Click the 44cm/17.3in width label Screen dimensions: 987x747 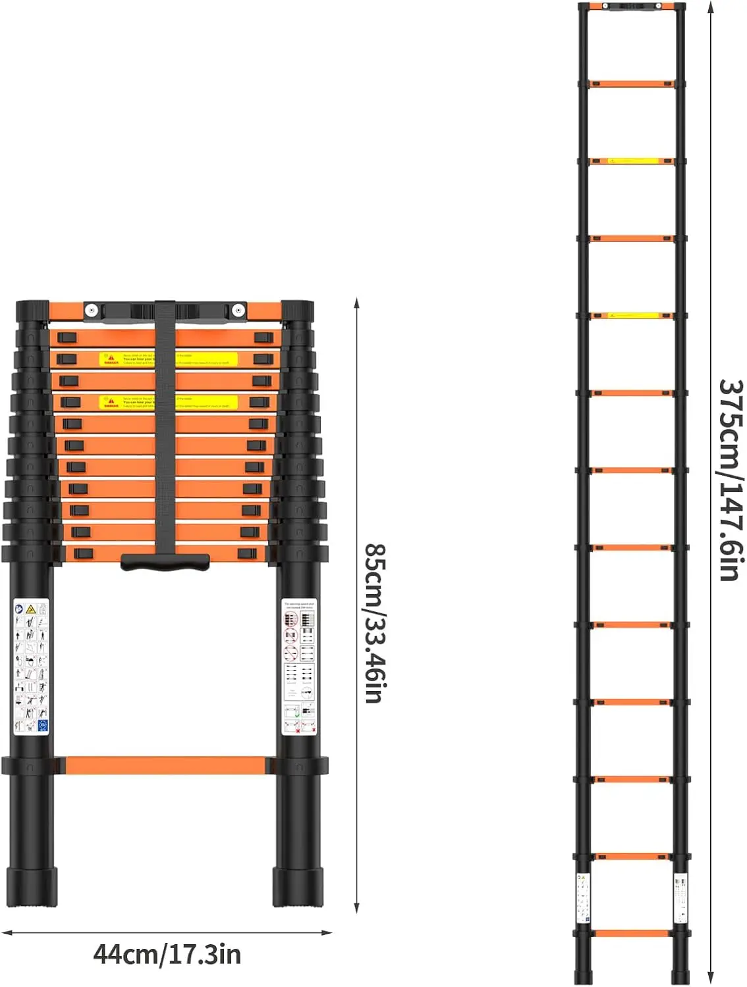(x=167, y=954)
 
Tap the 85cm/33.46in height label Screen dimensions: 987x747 (x=375, y=622)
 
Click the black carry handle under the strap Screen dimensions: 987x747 (x=165, y=563)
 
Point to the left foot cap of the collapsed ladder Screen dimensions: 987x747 (x=32, y=887)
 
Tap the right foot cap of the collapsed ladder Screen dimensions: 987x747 (x=298, y=887)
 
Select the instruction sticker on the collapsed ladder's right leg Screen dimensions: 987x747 (x=298, y=667)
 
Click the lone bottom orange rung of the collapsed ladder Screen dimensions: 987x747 (x=165, y=765)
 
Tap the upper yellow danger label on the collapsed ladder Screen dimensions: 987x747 (x=168, y=359)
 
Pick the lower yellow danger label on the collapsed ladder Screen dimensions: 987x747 (x=168, y=402)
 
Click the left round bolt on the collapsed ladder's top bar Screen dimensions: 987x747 (x=92, y=310)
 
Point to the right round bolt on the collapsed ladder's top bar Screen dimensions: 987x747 (x=238, y=310)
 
